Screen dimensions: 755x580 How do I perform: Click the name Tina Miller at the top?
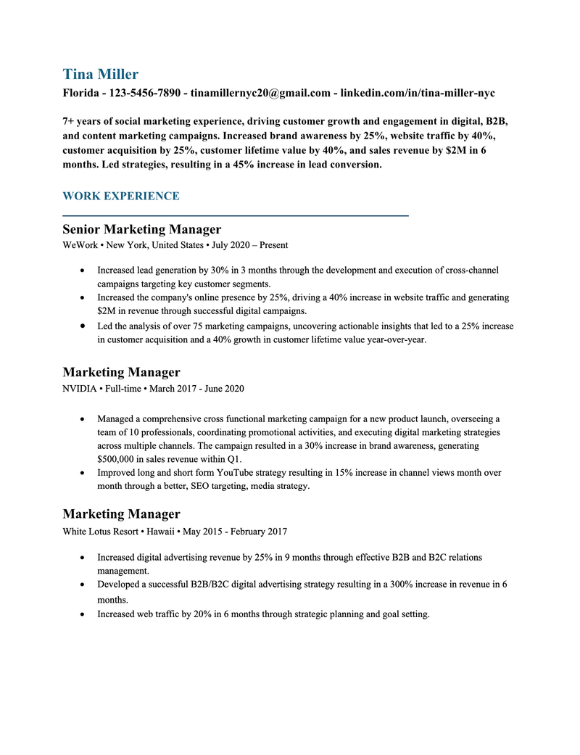pos(100,74)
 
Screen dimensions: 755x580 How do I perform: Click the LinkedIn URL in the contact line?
pos(418,94)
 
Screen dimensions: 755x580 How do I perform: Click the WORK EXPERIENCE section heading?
pos(120,196)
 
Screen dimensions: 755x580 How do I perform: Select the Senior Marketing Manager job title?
pos(141,229)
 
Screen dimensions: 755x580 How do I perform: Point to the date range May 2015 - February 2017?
pos(235,532)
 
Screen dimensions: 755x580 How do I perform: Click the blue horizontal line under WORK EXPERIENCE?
pos(236,215)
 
